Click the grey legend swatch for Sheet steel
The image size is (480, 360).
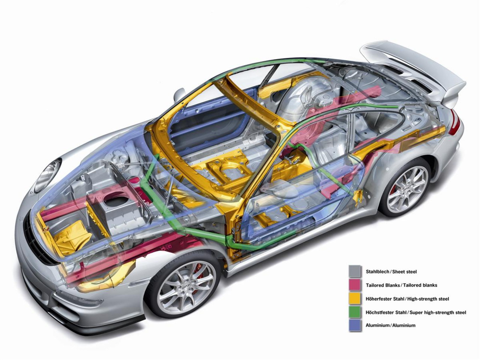pyautogui.click(x=355, y=271)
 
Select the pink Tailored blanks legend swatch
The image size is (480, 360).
pyautogui.click(x=355, y=285)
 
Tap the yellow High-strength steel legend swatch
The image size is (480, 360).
pyautogui.click(x=355, y=298)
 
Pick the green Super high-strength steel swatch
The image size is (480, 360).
pyautogui.click(x=355, y=312)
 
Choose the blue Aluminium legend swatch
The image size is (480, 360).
pyautogui.click(x=355, y=325)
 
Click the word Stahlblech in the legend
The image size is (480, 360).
pyautogui.click(x=376, y=271)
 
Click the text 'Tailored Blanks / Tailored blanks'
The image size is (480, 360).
pyautogui.click(x=401, y=285)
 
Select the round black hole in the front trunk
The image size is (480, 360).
pyautogui.click(x=116, y=203)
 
